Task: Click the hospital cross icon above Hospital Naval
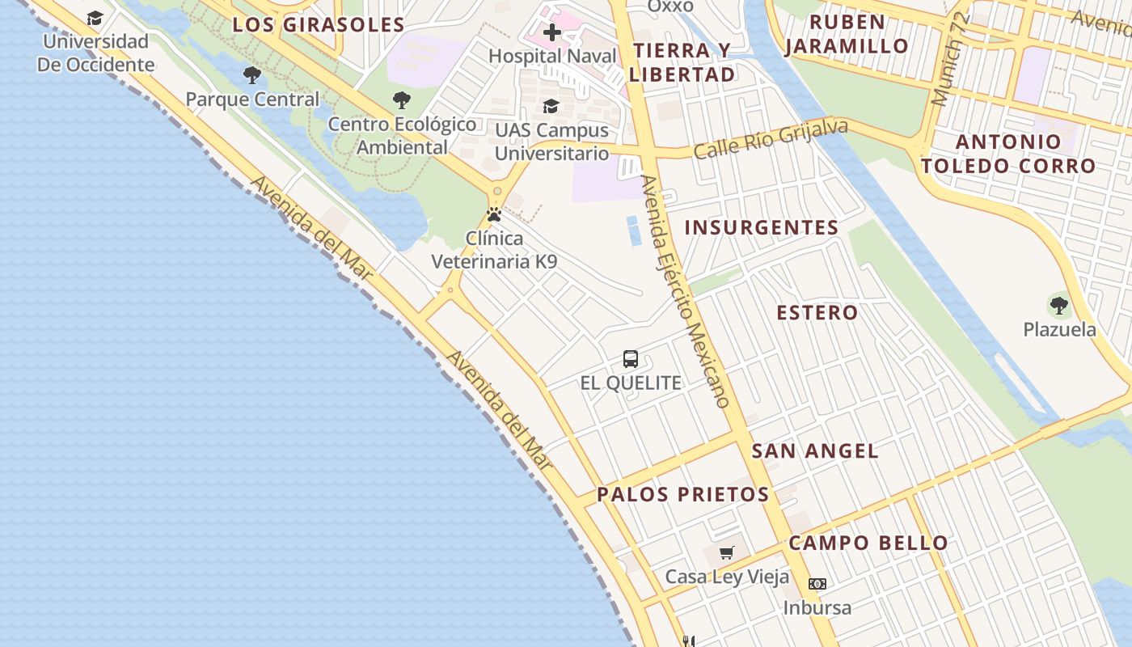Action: [552, 32]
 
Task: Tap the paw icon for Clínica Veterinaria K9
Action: [494, 215]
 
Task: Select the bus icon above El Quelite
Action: [631, 359]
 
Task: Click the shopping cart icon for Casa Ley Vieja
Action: [727, 553]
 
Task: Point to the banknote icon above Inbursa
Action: [817, 583]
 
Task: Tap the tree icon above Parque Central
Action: [252, 76]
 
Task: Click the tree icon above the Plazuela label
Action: [1059, 306]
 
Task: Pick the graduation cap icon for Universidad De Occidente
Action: [95, 18]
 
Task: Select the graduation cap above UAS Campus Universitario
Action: [551, 106]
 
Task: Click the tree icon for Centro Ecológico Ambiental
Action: [401, 100]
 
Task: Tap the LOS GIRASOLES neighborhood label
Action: [319, 24]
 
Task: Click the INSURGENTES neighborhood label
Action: [762, 227]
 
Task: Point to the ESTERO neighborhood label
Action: [817, 312]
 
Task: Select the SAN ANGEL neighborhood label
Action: [815, 451]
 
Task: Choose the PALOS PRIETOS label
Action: [683, 494]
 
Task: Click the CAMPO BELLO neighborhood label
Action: [868, 543]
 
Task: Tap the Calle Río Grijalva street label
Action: [771, 139]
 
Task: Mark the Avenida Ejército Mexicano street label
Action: [686, 291]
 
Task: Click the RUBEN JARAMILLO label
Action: [847, 34]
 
